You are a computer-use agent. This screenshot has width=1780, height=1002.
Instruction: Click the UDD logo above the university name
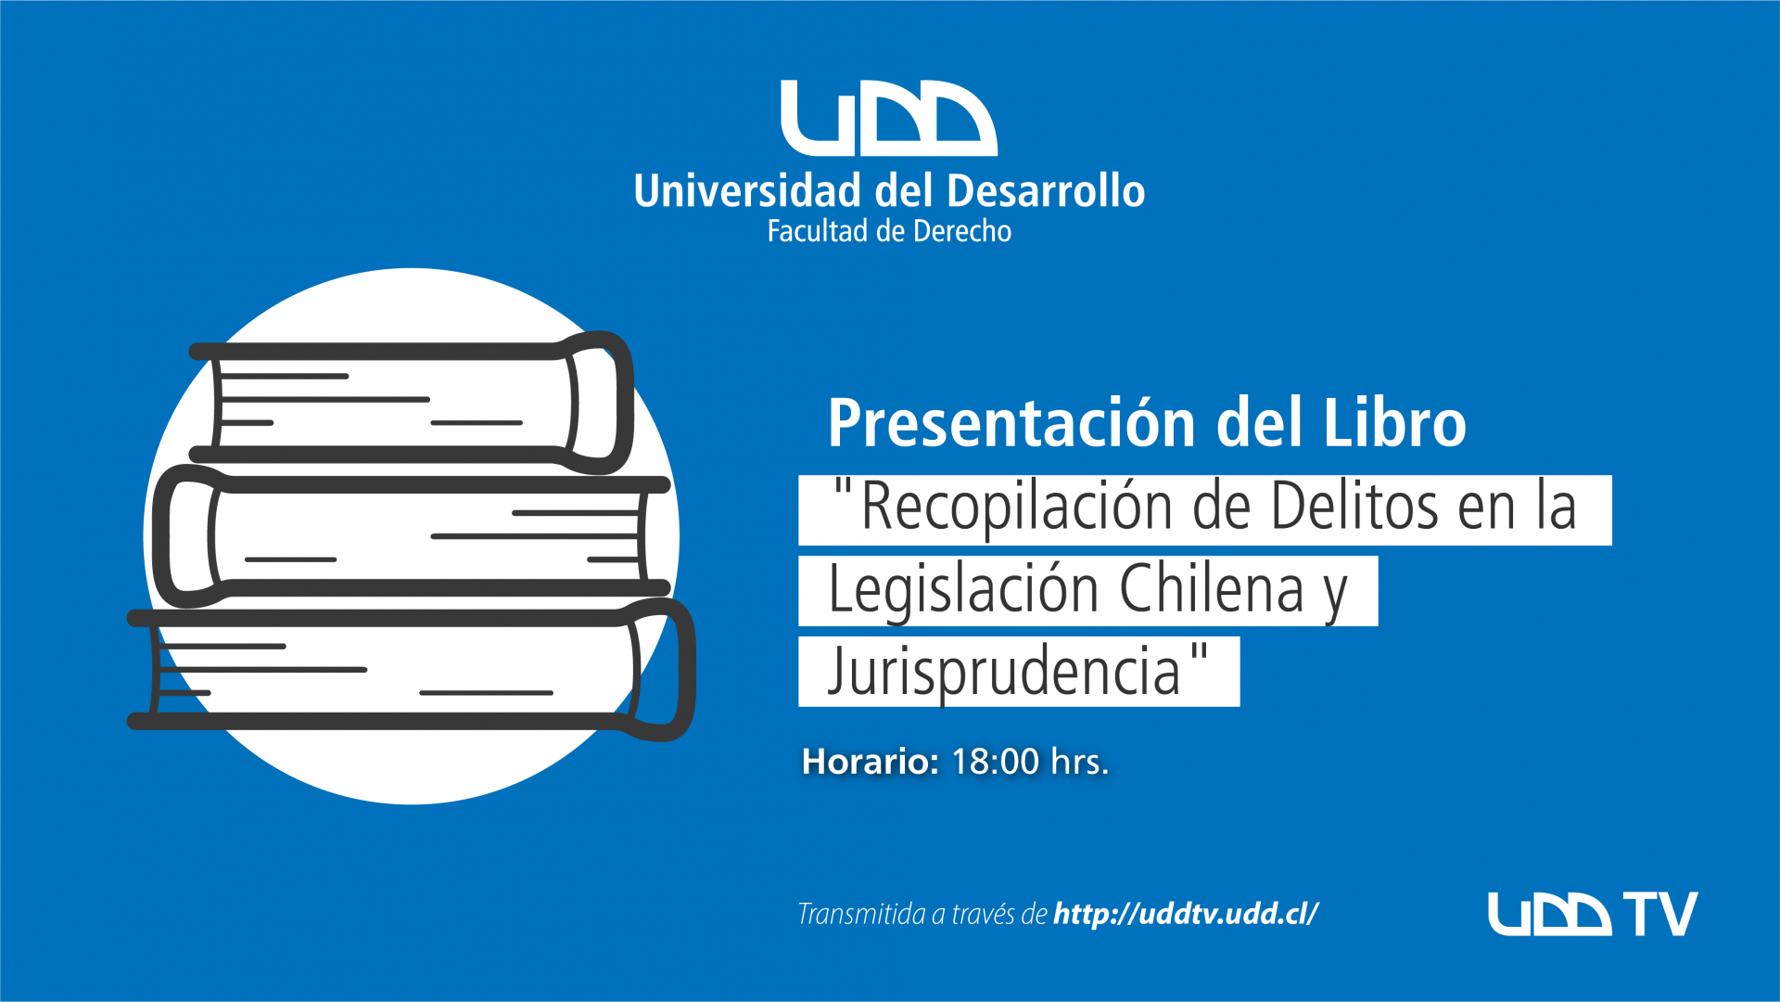[889, 118]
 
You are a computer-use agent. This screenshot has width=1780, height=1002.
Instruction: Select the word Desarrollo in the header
[1046, 190]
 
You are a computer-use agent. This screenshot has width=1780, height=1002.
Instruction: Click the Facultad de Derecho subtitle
[889, 231]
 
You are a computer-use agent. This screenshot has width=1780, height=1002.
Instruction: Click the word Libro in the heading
[1394, 422]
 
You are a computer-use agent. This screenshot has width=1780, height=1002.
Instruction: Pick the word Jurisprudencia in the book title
[1004, 672]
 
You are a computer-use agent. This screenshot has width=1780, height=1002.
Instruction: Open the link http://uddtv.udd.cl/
[1186, 914]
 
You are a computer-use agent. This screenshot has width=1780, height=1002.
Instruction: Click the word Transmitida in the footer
[861, 914]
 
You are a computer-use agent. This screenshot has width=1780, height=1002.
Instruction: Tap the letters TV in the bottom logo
[1659, 914]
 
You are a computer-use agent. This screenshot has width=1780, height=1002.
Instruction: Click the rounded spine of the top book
[601, 402]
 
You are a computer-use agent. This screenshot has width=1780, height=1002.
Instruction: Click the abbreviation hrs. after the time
[1080, 762]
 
